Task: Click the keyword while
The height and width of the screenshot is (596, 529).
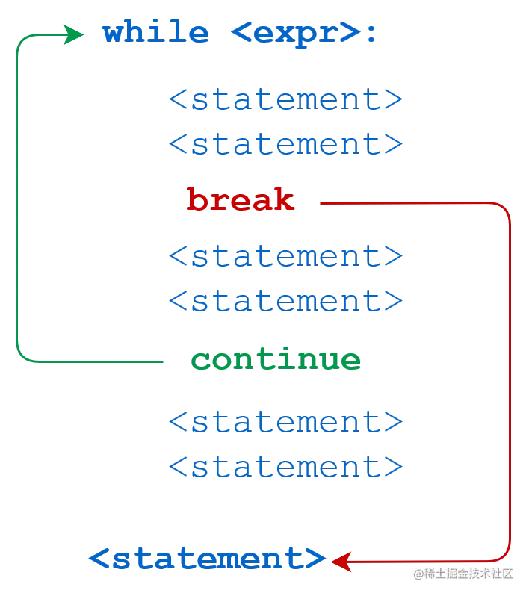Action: click(x=155, y=33)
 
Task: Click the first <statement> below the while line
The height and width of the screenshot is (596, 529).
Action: click(x=286, y=100)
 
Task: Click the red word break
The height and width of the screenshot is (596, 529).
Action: click(x=241, y=201)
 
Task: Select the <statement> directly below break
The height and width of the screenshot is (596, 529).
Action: click(x=286, y=257)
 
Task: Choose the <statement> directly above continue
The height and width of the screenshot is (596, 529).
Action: click(x=286, y=302)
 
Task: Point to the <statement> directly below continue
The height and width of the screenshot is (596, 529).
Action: click(x=286, y=423)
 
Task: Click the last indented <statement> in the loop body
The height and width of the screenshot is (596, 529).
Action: click(x=286, y=468)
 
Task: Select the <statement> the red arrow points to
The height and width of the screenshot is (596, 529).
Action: click(x=207, y=559)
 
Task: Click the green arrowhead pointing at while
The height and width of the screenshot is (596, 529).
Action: click(x=75, y=34)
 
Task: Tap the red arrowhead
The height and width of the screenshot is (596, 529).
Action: click(x=341, y=560)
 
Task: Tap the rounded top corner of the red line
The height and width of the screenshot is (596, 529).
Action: click(x=507, y=208)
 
